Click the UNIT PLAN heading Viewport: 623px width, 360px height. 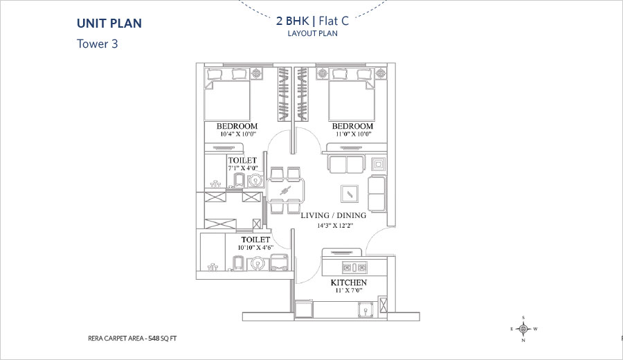[109, 24]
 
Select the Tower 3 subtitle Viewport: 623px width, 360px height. [98, 44]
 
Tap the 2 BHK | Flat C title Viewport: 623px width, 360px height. [313, 21]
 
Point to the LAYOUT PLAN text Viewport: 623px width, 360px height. [313, 33]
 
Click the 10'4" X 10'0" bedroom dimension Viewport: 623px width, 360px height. [237, 134]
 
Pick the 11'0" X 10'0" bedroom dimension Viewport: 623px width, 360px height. [353, 134]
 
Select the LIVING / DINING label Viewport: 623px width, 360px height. [334, 215]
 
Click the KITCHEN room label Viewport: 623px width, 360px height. [348, 282]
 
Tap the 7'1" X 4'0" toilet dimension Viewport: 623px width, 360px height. [243, 168]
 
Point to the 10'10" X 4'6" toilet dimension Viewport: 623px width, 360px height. [255, 248]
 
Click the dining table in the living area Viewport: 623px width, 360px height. [286, 190]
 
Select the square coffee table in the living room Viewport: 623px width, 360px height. [350, 194]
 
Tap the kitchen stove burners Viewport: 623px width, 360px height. [355, 267]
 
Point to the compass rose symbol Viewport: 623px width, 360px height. [524, 329]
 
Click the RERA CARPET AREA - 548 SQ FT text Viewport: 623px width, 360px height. [132, 339]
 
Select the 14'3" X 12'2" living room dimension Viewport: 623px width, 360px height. [335, 226]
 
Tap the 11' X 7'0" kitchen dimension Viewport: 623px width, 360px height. [348, 291]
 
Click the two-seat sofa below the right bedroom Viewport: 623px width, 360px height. [346, 164]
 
